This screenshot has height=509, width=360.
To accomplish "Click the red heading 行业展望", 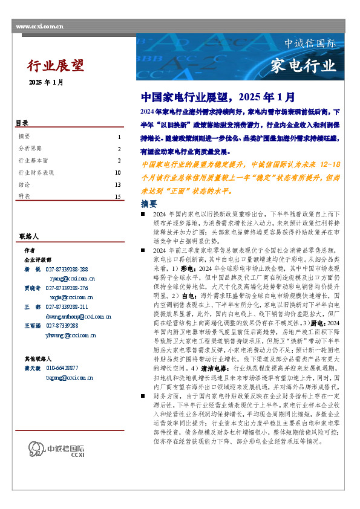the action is (x=56, y=65).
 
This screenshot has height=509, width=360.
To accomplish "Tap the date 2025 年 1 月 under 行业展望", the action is (x=45, y=82).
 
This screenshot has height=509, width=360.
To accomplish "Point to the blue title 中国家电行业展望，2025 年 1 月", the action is (x=218, y=97).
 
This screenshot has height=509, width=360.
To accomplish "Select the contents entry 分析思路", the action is (x=30, y=149).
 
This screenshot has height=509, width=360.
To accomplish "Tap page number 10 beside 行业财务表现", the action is (x=118, y=173).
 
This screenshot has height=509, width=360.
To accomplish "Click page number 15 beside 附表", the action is (x=118, y=196).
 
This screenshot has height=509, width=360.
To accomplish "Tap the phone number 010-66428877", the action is (x=63, y=368).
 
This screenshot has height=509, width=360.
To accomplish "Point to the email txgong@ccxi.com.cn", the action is (x=61, y=377).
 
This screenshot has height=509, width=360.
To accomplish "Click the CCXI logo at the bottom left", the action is (x=50, y=465).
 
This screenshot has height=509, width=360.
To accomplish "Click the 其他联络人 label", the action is (x=38, y=358).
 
